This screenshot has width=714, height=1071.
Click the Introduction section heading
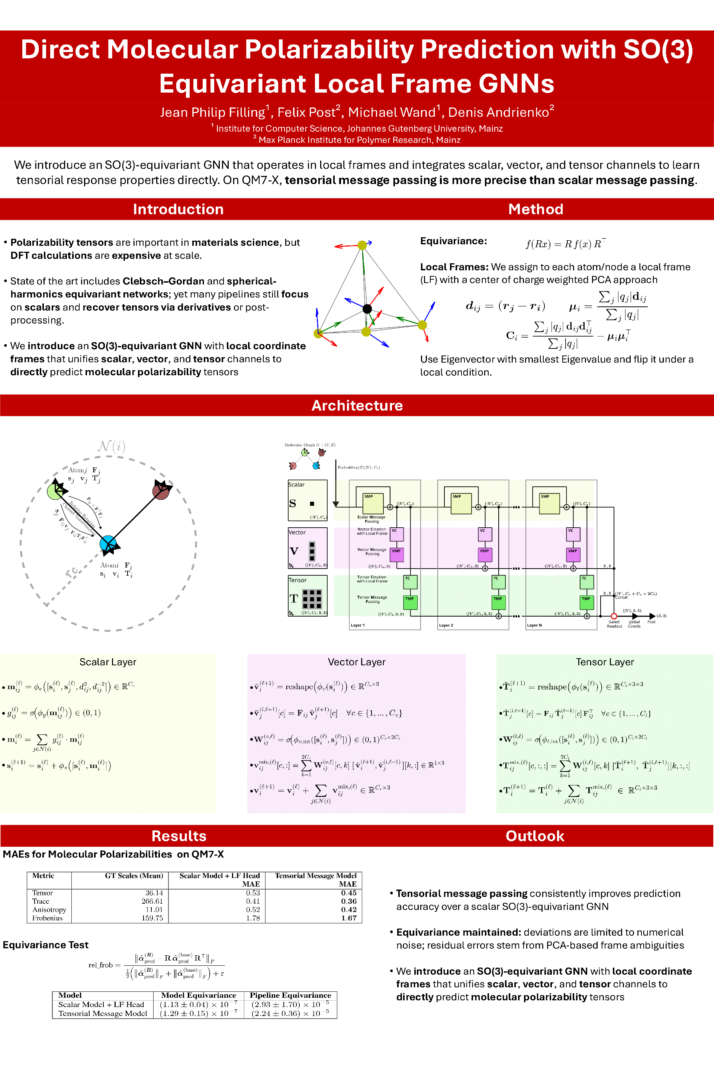178,209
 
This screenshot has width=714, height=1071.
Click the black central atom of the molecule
367,309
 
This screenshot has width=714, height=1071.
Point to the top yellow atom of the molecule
362,245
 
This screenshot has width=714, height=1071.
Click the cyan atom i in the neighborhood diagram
108,543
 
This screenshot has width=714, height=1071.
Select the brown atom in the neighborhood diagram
161,491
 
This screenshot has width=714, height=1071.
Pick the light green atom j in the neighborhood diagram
55,491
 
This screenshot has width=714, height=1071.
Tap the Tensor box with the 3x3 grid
308,596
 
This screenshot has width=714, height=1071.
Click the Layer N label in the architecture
534,625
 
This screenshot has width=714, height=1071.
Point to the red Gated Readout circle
614,616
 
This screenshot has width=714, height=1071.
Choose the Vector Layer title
357,662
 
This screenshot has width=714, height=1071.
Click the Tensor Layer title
605,662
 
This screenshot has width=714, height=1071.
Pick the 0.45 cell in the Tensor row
349,893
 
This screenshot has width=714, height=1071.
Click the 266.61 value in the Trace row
152,901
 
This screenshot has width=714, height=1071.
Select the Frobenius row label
47,918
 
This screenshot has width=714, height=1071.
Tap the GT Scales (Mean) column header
134,876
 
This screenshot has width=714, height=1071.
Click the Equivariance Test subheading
45,945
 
